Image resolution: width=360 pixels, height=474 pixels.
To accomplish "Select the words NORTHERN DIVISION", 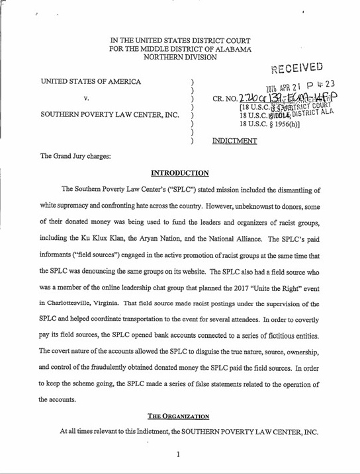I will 179,57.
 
